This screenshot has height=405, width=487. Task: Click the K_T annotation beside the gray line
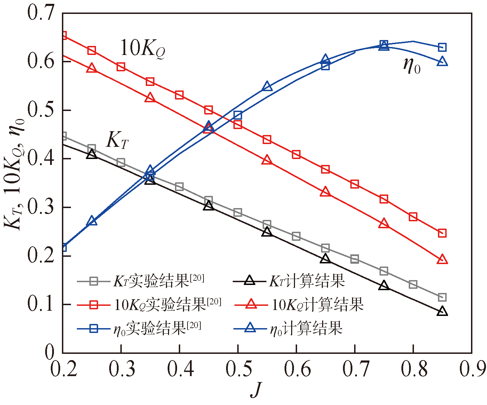pos(117,140)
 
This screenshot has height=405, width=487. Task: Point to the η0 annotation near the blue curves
pos(412,65)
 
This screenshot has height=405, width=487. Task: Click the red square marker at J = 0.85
pos(442,233)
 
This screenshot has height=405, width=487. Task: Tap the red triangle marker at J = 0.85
pos(442,259)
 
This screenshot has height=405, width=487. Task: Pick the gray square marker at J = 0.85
pos(442,297)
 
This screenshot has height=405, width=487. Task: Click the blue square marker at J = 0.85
pos(442,47)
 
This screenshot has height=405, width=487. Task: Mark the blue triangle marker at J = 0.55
pos(267,86)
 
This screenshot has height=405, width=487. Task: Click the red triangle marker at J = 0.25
pos(91,68)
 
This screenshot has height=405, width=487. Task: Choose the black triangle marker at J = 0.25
pos(91,154)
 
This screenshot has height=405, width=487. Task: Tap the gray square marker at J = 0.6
pos(296,237)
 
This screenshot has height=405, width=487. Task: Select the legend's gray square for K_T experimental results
pos(94,281)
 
